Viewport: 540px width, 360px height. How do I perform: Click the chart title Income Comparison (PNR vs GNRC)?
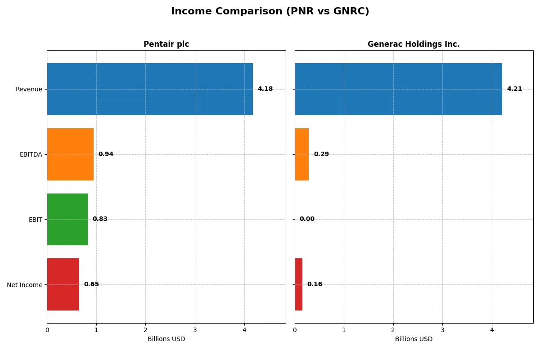[x=270, y=12]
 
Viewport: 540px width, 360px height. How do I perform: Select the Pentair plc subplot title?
[x=166, y=44]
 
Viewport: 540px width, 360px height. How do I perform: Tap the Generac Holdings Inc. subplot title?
[x=414, y=44]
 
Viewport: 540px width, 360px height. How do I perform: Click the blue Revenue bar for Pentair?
[x=150, y=89]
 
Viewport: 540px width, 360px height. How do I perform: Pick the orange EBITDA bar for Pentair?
[x=70, y=154]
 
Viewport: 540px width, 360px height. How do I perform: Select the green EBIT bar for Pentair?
[x=67, y=219]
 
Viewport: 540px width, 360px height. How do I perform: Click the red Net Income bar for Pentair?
[x=63, y=284]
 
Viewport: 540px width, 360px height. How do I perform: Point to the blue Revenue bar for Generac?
[x=398, y=89]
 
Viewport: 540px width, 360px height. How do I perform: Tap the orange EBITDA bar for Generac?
[x=302, y=154]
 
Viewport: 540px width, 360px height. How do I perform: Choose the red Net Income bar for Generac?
[x=299, y=284]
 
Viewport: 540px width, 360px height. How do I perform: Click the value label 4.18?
[x=265, y=89]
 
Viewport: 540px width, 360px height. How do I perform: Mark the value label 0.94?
[x=106, y=154]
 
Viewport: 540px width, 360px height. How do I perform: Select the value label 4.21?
[x=514, y=89]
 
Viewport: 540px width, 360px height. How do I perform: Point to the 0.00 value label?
[x=307, y=219]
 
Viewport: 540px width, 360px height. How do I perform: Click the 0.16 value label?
[x=315, y=284]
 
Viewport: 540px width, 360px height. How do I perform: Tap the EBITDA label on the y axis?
[x=31, y=154]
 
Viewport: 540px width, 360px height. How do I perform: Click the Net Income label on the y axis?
[x=24, y=284]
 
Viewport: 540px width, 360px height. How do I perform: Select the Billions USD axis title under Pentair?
[x=166, y=339]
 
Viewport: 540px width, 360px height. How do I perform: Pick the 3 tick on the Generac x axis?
[x=442, y=330]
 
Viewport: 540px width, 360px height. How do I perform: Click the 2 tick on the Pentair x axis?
[x=145, y=330]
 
